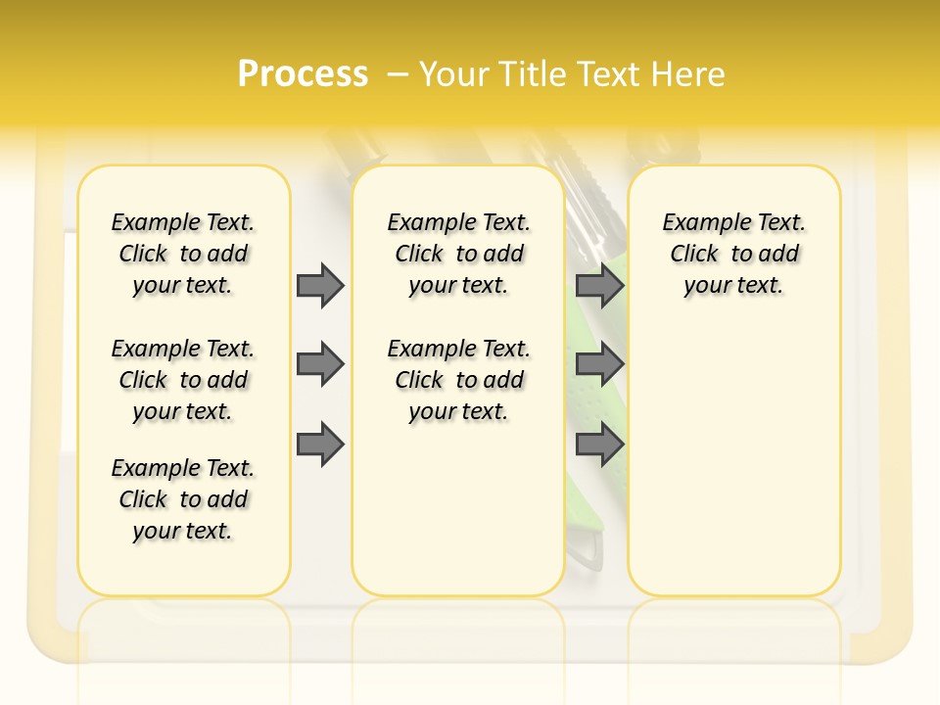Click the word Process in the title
click(303, 73)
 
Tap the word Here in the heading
click(688, 74)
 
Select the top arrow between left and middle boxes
click(320, 285)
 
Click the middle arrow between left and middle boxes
click(320, 364)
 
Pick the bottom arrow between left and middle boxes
click(320, 444)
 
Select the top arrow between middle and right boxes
click(599, 285)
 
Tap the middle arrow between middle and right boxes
click(599, 364)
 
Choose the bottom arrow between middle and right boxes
click(599, 444)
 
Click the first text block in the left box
click(183, 254)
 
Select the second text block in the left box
click(183, 380)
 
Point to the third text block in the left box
click(183, 499)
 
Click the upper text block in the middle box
click(459, 254)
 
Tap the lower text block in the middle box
click(459, 380)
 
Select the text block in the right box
click(734, 254)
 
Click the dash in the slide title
click(398, 74)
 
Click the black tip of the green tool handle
click(587, 555)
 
